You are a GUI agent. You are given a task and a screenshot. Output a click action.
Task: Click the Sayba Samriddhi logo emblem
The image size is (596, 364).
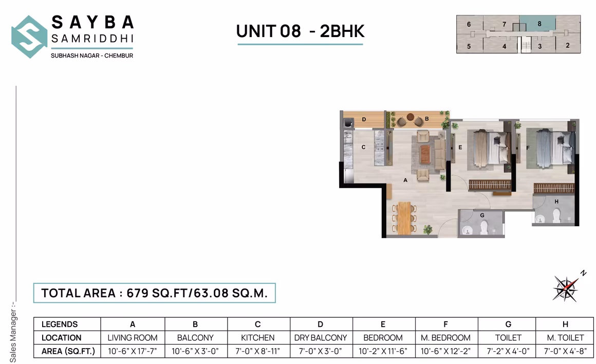click(x=29, y=37)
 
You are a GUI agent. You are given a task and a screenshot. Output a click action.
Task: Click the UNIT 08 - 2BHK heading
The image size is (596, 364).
click(x=300, y=31)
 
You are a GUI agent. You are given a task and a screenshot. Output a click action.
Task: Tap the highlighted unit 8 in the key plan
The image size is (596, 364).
click(x=539, y=24)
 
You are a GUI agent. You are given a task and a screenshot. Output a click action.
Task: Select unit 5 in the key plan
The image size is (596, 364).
click(x=469, y=46)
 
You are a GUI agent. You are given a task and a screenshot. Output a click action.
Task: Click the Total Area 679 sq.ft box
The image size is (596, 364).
click(x=155, y=293)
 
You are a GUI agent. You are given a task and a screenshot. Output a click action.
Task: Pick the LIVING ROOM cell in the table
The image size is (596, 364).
click(x=133, y=338)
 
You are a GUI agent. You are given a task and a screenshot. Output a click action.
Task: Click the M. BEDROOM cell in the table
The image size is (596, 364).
click(x=445, y=338)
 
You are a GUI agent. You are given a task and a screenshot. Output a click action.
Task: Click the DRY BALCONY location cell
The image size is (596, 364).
click(x=321, y=338)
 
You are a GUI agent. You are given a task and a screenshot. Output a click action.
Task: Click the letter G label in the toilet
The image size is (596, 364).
click(x=482, y=215)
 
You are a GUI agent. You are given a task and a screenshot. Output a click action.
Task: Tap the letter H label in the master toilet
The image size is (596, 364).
click(x=556, y=202)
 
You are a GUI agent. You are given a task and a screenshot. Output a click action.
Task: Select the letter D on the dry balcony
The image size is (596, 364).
click(x=364, y=120)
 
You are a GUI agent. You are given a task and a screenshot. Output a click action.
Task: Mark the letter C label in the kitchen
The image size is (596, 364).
click(x=363, y=148)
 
